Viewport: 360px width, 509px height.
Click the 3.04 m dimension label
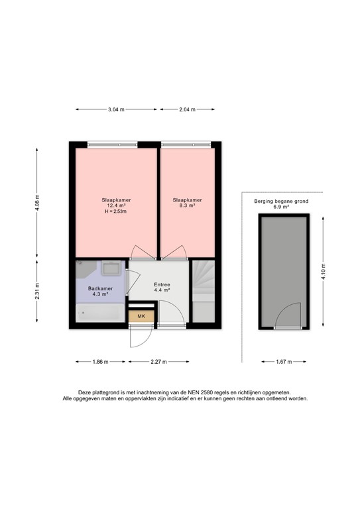(x=116, y=109)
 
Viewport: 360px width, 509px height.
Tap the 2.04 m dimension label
(x=187, y=109)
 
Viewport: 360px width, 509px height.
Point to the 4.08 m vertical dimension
(x=37, y=201)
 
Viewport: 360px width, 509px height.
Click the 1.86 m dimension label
(x=100, y=362)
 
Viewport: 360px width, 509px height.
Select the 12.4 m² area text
(x=116, y=205)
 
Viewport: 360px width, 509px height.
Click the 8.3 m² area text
(x=187, y=205)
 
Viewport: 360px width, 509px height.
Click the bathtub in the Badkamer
(x=99, y=313)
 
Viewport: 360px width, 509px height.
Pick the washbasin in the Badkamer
(x=111, y=268)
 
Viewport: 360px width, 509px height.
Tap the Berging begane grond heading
(x=281, y=201)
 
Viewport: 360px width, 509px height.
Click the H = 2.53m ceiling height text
(x=116, y=212)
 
